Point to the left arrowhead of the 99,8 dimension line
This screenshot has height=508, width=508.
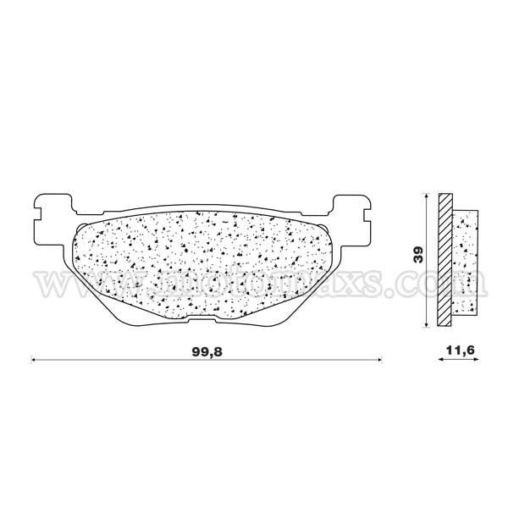(x=35, y=361)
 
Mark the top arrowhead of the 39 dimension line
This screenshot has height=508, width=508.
(x=423, y=196)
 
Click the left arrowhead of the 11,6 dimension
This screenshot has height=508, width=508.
(x=440, y=361)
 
